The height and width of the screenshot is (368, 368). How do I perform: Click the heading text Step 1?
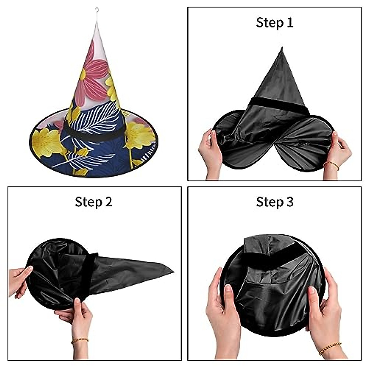[x=274, y=23]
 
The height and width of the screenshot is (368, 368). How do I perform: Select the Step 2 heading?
[x=94, y=202]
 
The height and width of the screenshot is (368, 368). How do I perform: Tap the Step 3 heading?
[x=274, y=202]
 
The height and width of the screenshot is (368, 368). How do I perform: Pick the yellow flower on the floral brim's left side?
[x=48, y=143]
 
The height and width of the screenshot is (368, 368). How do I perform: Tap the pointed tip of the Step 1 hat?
[x=281, y=49]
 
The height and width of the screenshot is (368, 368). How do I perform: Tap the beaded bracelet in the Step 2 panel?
[x=80, y=341]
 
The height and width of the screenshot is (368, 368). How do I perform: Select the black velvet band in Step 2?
[x=87, y=276]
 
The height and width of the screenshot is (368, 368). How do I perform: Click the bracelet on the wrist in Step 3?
[x=330, y=348]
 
